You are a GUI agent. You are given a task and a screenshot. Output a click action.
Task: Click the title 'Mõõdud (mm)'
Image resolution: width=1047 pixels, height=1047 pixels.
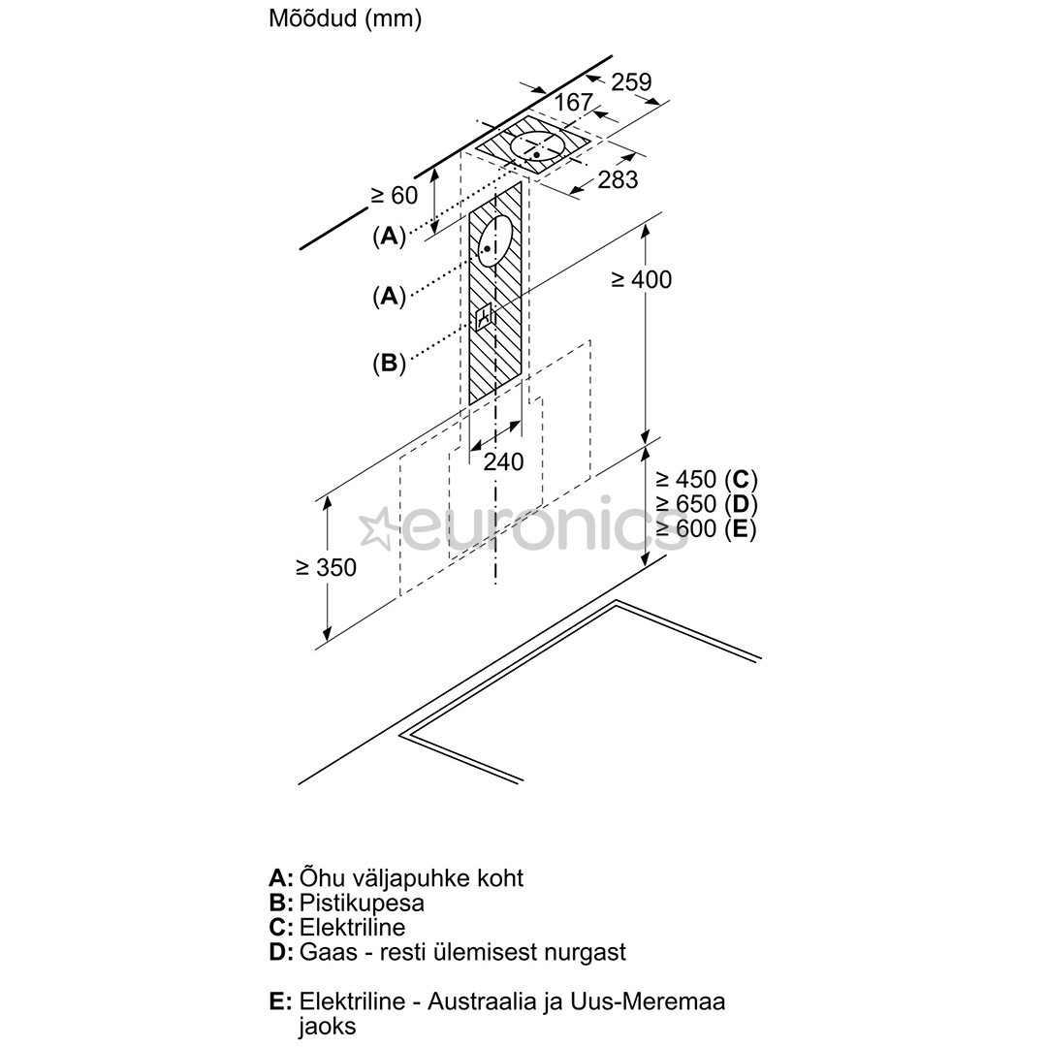[344, 18]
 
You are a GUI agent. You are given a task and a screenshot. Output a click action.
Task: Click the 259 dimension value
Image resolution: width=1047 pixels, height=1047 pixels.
[631, 81]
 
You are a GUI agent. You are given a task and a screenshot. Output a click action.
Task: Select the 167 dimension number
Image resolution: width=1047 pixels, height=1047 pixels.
[574, 102]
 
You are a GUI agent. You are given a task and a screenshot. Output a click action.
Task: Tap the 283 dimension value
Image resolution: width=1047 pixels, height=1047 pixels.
[618, 179]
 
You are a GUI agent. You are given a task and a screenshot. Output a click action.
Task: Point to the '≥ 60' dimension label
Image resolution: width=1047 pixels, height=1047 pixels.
[394, 195]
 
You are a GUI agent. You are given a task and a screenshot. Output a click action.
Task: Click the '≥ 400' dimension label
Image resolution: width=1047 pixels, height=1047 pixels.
[641, 280]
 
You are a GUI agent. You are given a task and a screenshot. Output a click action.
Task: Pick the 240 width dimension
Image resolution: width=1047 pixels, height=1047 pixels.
[503, 461]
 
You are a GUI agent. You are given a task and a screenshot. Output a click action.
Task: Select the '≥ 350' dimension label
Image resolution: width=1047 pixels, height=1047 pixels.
[327, 567]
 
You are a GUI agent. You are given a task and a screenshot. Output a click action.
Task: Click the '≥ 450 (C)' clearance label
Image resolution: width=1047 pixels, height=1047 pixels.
[707, 480]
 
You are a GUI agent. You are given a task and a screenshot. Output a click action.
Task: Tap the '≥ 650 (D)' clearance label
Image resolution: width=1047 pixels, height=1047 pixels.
[707, 504]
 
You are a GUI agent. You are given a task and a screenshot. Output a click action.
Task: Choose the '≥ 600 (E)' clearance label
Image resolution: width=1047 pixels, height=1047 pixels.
[706, 529]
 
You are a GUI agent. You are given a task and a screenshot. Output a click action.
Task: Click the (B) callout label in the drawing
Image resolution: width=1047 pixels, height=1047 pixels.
[390, 364]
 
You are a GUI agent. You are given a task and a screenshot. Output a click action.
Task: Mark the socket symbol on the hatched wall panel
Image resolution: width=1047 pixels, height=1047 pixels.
[484, 316]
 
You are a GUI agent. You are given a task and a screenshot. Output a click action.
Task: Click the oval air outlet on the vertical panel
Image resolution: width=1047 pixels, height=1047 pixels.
[494, 241]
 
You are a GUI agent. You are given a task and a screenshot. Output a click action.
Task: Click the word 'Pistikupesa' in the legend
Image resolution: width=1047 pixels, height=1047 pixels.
[362, 903]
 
